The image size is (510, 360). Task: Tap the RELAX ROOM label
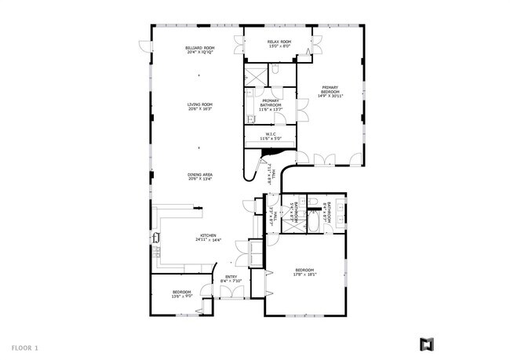coord(279,43)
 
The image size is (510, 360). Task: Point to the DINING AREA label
coord(200,176)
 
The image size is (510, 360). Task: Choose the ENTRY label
coord(231,278)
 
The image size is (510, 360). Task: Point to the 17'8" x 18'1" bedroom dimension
coord(305,275)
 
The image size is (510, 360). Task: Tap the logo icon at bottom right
coord(427,344)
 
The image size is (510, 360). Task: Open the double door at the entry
coord(231,293)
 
